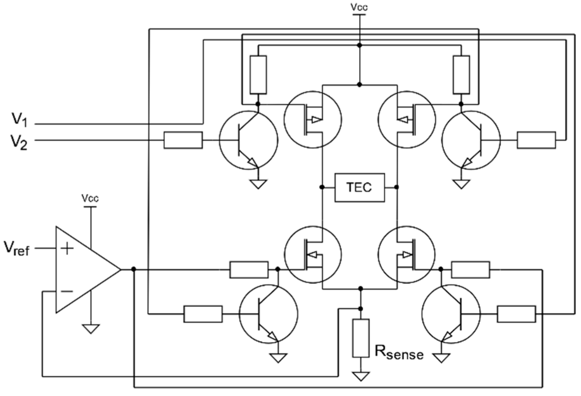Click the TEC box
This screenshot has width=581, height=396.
click(359, 187)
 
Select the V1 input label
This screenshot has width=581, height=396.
click(20, 120)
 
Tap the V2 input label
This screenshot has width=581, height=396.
click(19, 143)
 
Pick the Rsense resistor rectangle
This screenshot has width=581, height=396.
click(361, 338)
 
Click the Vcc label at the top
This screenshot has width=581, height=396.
click(359, 7)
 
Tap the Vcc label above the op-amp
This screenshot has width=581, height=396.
click(90, 198)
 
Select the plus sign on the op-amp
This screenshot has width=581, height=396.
click(67, 249)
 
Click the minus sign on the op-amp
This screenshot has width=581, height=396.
click(67, 291)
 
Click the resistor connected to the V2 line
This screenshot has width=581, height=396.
click(183, 140)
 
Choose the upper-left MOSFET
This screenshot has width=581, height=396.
click(313, 119)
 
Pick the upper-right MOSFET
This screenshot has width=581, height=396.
click(407, 119)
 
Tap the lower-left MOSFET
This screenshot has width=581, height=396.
click(313, 254)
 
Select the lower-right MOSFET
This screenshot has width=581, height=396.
click(407, 254)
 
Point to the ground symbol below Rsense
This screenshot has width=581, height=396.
click(361, 376)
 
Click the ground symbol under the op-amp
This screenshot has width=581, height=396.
click(91, 329)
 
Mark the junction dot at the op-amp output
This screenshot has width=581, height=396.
click(134, 269)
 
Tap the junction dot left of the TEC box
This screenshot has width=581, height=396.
click(322, 187)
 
